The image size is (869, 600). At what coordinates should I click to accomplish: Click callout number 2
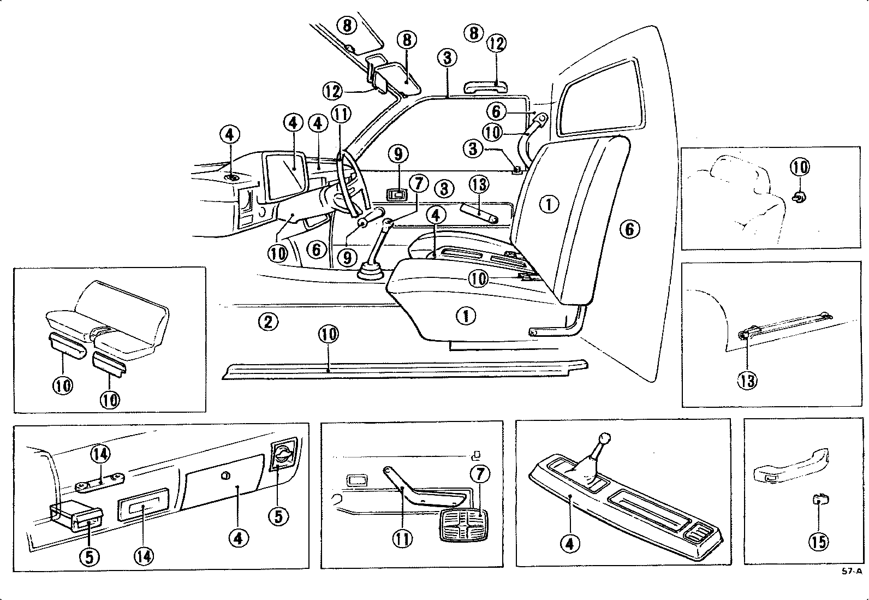click(x=267, y=322)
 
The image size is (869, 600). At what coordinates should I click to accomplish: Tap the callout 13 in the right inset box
click(x=748, y=379)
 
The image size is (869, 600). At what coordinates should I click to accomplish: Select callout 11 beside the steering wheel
click(x=342, y=115)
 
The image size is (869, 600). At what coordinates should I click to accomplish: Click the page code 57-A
click(x=852, y=572)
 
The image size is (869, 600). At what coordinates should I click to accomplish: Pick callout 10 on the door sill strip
click(x=329, y=334)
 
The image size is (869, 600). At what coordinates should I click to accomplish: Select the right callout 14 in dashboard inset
click(x=145, y=556)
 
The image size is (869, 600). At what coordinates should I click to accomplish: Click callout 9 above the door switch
click(x=398, y=155)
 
